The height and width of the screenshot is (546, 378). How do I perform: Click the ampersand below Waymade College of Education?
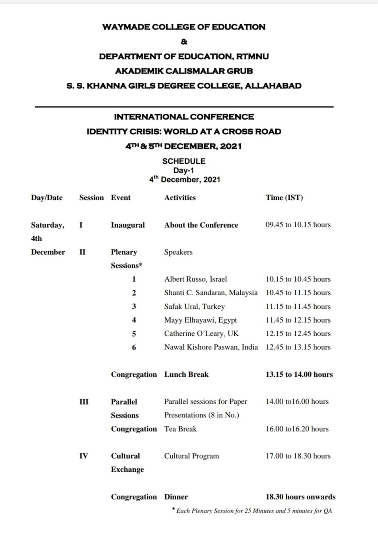184,42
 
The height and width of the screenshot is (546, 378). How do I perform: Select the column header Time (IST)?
284,197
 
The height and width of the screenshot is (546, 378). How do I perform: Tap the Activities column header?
180,197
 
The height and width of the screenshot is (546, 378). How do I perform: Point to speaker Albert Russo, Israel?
195,279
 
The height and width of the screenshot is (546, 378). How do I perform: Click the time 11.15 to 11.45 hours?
298,306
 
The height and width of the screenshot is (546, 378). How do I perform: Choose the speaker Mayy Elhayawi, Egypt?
200,320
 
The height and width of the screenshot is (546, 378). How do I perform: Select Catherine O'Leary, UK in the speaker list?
201,333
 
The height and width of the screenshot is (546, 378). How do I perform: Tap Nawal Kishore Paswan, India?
211,347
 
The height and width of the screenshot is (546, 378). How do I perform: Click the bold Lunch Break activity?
186,374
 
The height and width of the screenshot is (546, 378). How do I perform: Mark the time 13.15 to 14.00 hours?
299,374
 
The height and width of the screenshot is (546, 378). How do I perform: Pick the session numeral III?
84,402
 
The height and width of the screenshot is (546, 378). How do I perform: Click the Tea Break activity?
180,429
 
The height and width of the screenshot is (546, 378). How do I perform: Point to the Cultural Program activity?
191,456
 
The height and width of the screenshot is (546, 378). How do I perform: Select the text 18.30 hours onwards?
300,497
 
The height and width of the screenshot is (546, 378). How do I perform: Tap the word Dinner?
176,497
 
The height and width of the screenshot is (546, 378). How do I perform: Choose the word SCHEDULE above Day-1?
184,161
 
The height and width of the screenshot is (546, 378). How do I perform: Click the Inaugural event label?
128,225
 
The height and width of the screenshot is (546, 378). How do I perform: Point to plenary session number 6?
134,347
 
